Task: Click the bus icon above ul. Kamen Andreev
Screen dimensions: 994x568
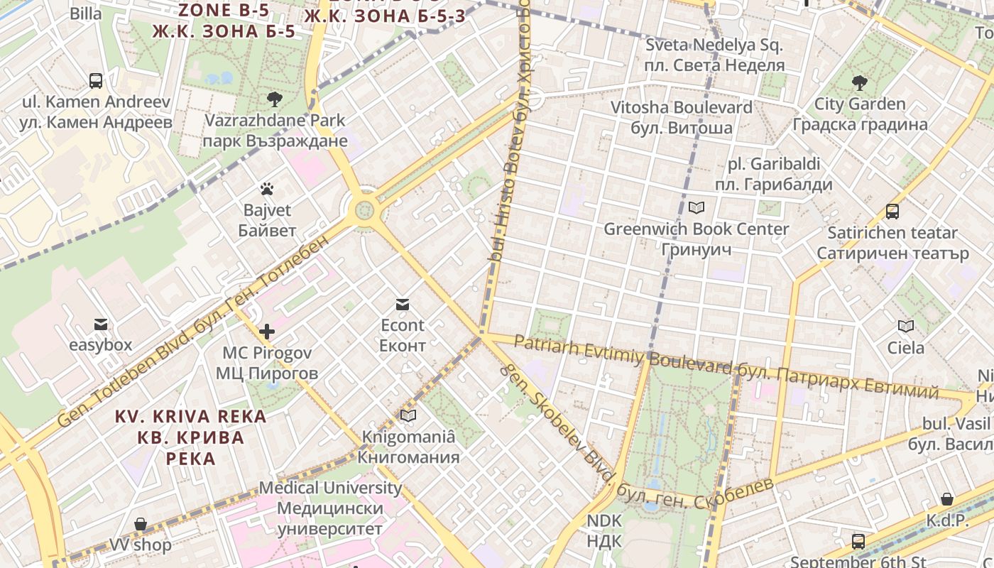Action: coord(96,81)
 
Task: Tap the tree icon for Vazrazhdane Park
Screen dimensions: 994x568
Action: coord(274,99)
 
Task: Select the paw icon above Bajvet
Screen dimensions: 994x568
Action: coord(267,189)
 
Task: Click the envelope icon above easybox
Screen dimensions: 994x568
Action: coord(100,324)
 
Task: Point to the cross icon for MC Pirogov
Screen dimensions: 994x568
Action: coord(267,332)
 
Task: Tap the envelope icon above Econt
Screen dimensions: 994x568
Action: coord(403,305)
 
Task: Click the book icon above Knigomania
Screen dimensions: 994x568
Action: coord(408,415)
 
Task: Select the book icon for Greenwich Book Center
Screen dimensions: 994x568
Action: coord(697,208)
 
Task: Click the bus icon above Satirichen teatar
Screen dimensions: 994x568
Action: coord(892,212)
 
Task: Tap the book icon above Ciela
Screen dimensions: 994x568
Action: coord(906,327)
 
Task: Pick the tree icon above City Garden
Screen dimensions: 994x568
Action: coord(860,83)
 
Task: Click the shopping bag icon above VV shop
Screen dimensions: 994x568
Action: coord(141,525)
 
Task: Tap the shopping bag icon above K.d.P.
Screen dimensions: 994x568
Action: coord(947,500)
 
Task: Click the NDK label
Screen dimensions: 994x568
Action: coord(604,530)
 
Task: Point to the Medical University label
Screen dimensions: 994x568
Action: coord(330,508)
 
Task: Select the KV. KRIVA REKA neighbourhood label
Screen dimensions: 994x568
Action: coord(191,437)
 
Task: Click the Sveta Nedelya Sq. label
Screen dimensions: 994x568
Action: coord(714,55)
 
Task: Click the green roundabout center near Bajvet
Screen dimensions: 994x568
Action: coord(364,209)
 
